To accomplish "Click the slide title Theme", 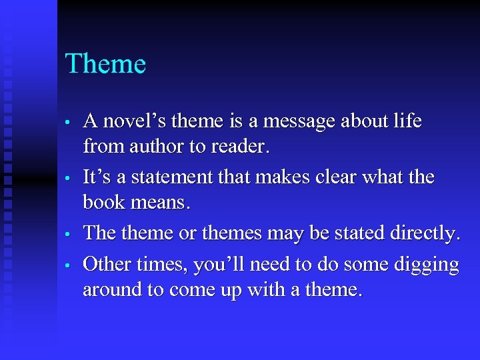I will click(105, 65).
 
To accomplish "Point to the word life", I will click(407, 121).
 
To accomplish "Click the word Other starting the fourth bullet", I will click(107, 265).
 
